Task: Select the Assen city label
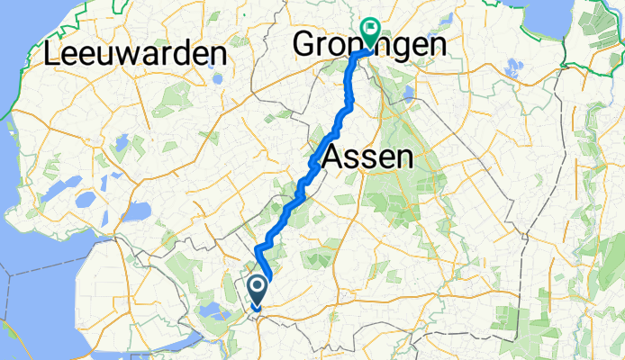pyautogui.click(x=367, y=158)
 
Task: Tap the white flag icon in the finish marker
pyautogui.click(x=369, y=29)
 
